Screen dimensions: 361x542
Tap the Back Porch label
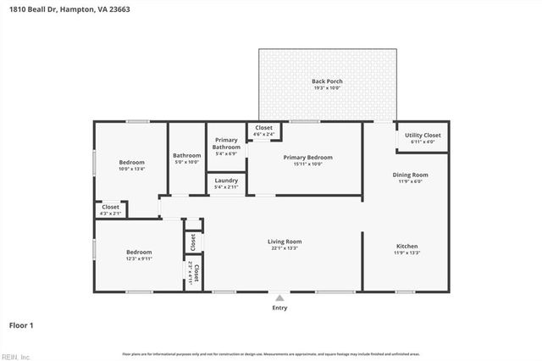pyautogui.click(x=327, y=81)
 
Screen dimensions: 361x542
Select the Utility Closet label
pyautogui.click(x=422, y=136)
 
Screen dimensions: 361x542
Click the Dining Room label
pyautogui.click(x=410, y=175)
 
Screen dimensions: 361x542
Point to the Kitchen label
pyautogui.click(x=407, y=247)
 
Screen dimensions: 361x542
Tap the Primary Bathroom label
pyautogui.click(x=226, y=143)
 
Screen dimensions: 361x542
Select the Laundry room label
pyautogui.click(x=226, y=180)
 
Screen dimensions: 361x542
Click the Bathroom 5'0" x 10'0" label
pyautogui.click(x=186, y=155)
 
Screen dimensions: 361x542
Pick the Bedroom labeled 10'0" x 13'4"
pyautogui.click(x=131, y=162)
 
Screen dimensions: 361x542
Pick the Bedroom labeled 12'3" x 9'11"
pyautogui.click(x=139, y=252)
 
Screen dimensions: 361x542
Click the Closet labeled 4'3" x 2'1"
pyautogui.click(x=110, y=207)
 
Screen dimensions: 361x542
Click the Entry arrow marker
pyautogui.click(x=279, y=297)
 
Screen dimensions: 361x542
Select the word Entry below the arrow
pyautogui.click(x=279, y=308)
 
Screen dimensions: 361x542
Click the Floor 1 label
pyautogui.click(x=21, y=325)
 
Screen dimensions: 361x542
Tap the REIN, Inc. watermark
pyautogui.click(x=15, y=356)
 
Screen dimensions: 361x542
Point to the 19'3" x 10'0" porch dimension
pyautogui.click(x=327, y=88)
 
